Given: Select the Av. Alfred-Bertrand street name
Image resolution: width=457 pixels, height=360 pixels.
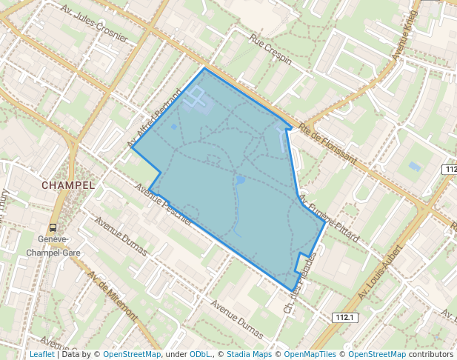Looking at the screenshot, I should click(153, 119).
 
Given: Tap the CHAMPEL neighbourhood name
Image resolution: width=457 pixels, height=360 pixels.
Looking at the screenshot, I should click(68, 184).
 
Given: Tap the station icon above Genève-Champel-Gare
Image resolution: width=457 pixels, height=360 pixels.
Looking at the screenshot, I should click(53, 228).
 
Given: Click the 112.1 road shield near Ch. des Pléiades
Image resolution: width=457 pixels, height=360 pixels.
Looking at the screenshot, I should click(346, 318).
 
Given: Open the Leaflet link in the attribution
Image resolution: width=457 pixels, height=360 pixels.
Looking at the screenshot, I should click(41, 354).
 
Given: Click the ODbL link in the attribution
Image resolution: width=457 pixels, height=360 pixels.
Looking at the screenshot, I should click(200, 354).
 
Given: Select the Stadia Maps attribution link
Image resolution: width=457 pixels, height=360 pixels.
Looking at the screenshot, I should click(249, 354).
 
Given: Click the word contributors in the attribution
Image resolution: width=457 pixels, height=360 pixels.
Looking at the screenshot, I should click(430, 354).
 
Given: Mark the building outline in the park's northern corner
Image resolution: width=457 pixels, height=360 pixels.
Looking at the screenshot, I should click(197, 96).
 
